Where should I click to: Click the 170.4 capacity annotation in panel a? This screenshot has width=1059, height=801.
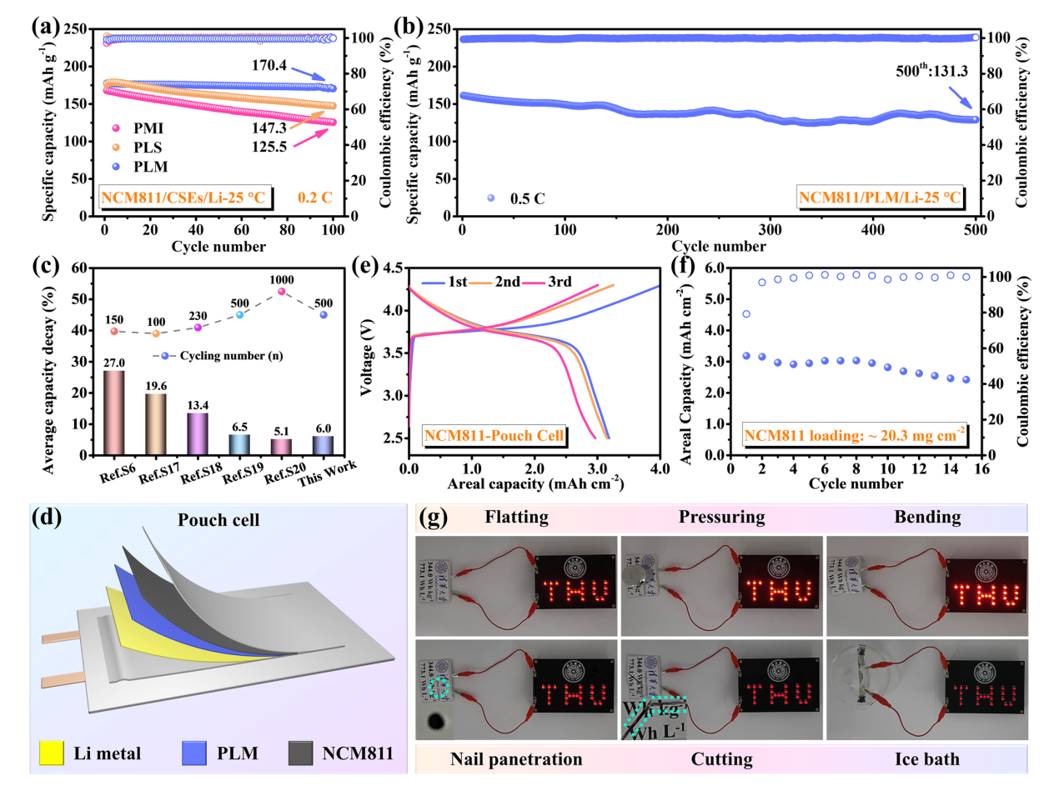(269, 65)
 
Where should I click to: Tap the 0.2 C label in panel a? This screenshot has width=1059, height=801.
(314, 198)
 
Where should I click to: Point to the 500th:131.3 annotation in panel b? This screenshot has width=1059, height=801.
(931, 72)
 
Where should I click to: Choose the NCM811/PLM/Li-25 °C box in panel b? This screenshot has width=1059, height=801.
(880, 198)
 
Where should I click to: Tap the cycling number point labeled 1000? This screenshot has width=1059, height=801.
(282, 292)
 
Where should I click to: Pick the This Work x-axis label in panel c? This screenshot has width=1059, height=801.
(327, 473)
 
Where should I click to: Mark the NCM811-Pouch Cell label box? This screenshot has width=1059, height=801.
(494, 435)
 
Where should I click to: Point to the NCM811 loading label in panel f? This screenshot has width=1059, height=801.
(855, 435)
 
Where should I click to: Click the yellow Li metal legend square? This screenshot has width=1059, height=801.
(52, 753)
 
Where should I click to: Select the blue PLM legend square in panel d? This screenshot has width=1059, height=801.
(194, 753)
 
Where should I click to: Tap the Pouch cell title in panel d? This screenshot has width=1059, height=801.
(218, 520)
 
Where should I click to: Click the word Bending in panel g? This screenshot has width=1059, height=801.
(927, 517)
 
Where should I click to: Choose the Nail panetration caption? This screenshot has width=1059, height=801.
(516, 759)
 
